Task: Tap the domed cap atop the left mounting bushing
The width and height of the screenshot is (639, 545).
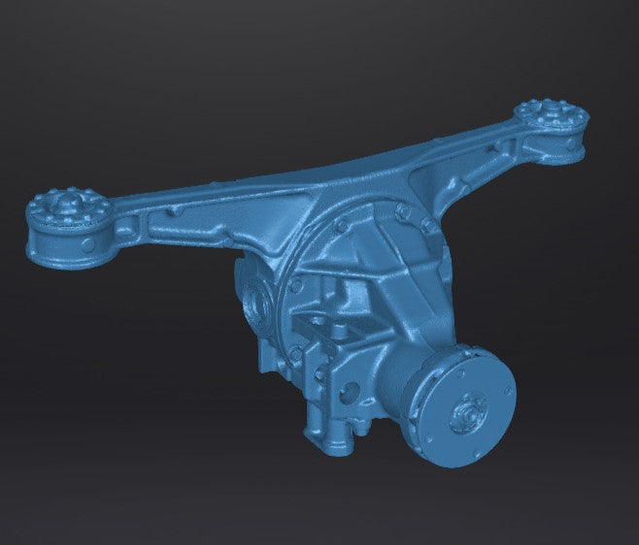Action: point(64,204)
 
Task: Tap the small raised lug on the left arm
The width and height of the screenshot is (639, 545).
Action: point(172,208)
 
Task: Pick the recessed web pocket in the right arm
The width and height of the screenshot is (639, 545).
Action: point(486,165)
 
